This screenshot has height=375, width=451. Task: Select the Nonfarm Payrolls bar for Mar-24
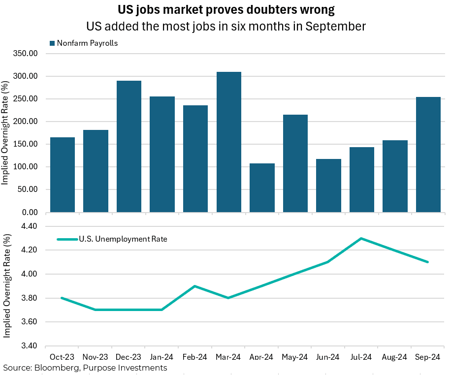(x=229, y=142)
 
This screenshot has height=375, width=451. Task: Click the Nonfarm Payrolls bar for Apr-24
(x=262, y=188)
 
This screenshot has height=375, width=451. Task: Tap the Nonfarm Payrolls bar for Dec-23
(x=129, y=147)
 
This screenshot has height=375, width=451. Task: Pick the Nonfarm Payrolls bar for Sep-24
(x=428, y=155)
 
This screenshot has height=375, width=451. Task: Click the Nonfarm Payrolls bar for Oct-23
(x=63, y=175)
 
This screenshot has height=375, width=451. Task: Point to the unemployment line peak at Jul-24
(x=362, y=238)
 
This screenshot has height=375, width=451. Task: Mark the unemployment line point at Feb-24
(x=195, y=286)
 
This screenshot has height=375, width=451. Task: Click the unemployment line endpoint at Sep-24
(x=428, y=262)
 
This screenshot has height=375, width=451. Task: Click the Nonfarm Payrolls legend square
(x=52, y=43)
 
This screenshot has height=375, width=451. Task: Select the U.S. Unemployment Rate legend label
(x=123, y=240)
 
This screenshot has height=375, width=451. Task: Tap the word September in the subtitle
(x=336, y=26)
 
